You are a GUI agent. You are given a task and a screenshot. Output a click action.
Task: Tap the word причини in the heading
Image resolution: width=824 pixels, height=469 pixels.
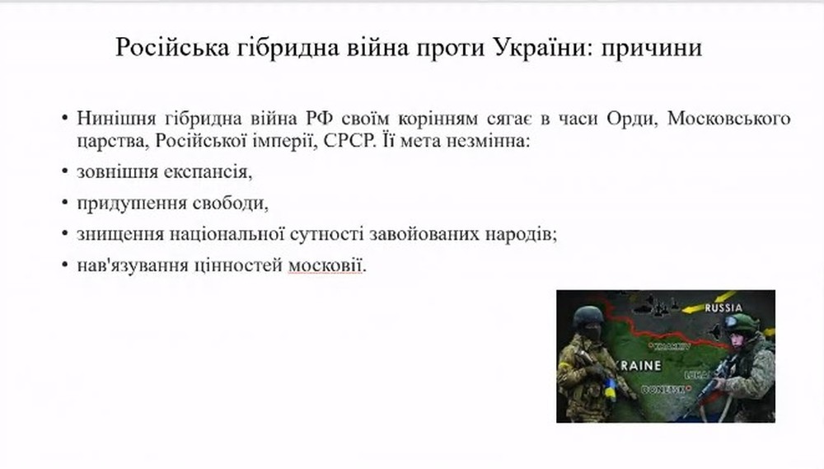652,49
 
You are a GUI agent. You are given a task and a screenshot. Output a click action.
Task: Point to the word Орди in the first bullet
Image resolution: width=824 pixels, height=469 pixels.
632,119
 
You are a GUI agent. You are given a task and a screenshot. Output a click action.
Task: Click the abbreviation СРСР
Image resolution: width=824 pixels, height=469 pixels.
348,142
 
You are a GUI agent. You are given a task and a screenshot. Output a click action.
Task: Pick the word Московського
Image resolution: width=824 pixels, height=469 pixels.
729,119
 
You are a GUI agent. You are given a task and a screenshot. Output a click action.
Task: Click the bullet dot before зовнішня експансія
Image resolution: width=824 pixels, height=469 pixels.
64,171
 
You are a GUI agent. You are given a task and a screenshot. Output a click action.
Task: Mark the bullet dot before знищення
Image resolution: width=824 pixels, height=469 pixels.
64,233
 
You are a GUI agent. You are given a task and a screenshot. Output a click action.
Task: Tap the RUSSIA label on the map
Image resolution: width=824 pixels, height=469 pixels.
723,308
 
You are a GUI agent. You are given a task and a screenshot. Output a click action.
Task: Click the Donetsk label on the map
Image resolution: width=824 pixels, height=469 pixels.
663,390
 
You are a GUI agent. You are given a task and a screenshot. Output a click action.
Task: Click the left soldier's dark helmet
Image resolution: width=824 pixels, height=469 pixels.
588,317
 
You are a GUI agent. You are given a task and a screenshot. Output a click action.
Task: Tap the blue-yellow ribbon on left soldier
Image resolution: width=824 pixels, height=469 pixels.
610,389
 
